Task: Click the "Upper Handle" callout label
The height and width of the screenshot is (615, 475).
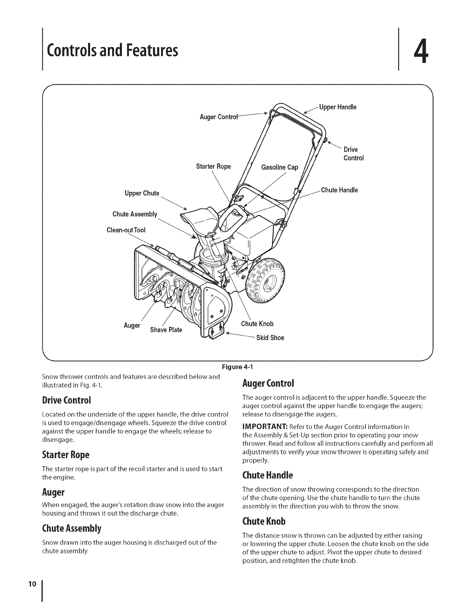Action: [337, 107]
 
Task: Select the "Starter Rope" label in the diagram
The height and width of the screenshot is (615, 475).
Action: [213, 167]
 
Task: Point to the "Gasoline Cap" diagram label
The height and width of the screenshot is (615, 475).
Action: [280, 167]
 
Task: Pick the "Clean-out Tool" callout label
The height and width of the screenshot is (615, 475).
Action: [126, 230]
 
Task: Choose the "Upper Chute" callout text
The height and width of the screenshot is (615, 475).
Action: [142, 193]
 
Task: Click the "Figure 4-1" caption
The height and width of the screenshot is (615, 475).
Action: [237, 367]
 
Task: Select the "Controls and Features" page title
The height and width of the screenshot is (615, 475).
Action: [112, 50]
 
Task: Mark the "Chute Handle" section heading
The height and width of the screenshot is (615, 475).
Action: [267, 475]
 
